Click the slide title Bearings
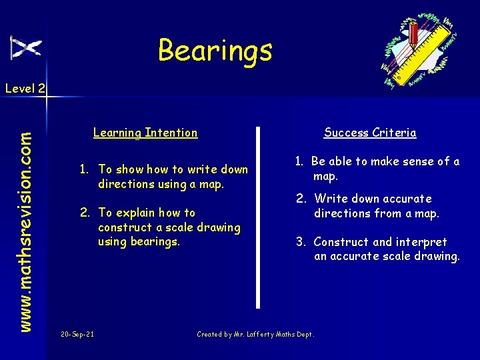pyautogui.click(x=215, y=50)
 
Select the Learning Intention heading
pyautogui.click(x=145, y=133)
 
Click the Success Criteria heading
pyautogui.click(x=370, y=133)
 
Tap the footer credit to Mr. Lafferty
pyautogui.click(x=255, y=335)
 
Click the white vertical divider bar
pyautogui.click(x=259, y=217)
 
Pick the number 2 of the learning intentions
pyautogui.click(x=84, y=213)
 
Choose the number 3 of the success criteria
pyautogui.click(x=300, y=242)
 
